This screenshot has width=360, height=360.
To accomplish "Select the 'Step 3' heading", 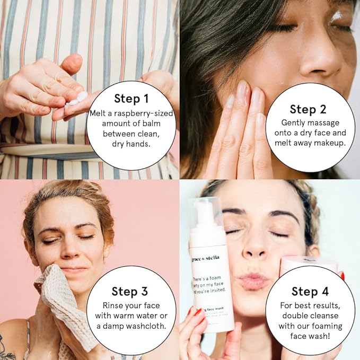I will [130, 291].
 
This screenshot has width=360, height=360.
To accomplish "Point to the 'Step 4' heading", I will [310, 291].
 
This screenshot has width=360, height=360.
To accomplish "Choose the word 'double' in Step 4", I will [296, 316].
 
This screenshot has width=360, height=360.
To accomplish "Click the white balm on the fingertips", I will [78, 99].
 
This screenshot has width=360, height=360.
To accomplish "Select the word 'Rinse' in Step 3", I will [113, 306].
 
